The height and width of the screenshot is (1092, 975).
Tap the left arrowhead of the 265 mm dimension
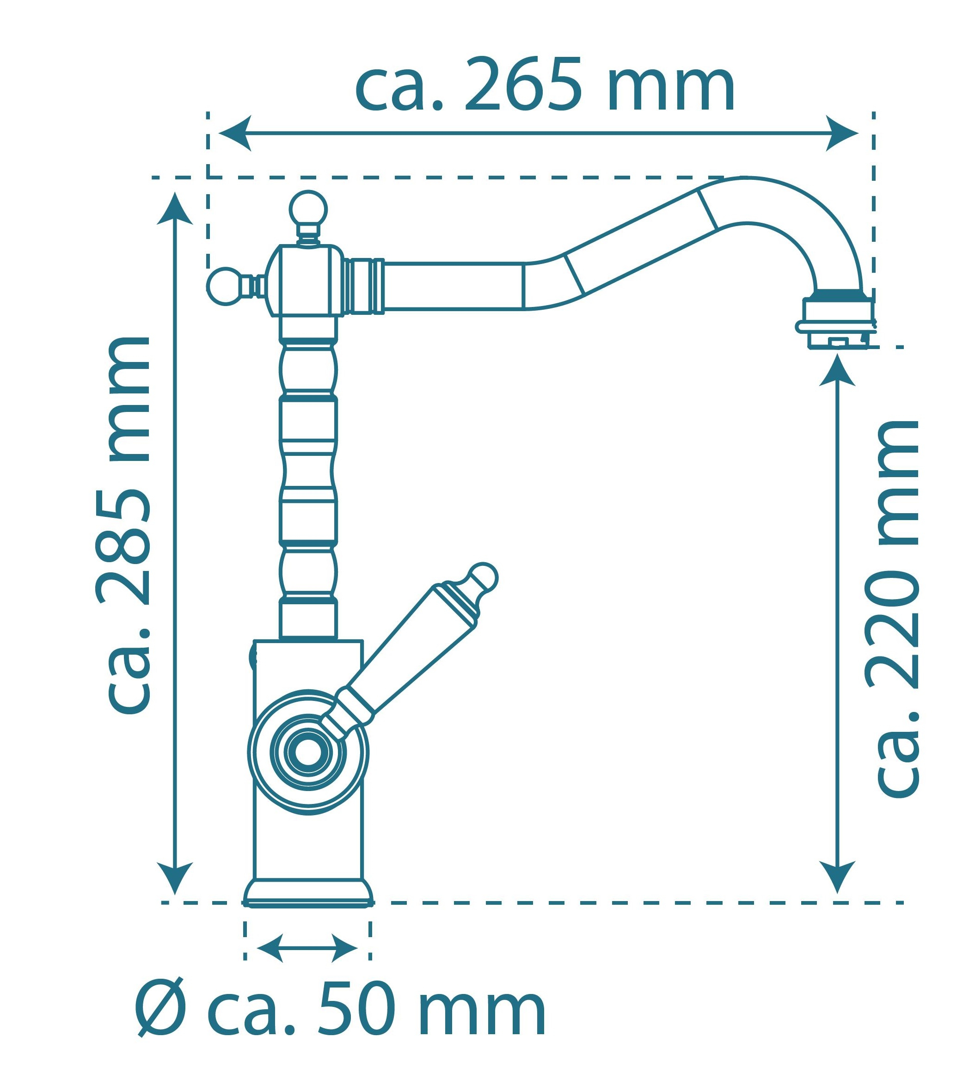(x=235, y=133)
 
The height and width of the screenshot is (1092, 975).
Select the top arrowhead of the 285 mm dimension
(x=175, y=209)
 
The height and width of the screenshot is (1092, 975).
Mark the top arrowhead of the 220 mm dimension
(x=837, y=370)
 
